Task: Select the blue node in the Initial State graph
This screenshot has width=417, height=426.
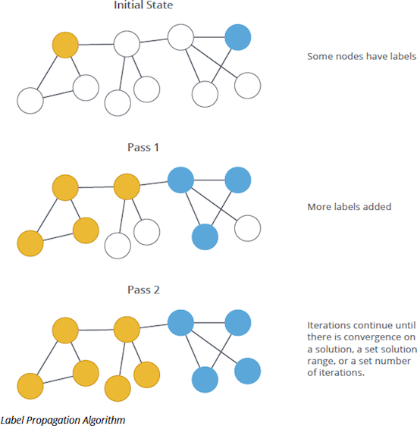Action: click(x=237, y=37)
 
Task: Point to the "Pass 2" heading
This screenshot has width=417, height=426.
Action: click(x=143, y=290)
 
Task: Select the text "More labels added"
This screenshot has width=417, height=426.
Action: click(x=350, y=206)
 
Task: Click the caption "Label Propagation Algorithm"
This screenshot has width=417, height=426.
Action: click(x=63, y=419)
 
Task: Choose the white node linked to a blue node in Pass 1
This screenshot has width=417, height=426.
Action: click(x=248, y=227)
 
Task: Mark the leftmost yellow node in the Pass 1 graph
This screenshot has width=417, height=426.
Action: click(x=30, y=243)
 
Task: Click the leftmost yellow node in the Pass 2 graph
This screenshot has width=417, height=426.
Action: click(x=30, y=386)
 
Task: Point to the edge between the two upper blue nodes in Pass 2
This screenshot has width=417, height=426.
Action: click(x=209, y=323)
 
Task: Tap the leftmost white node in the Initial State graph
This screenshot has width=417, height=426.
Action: click(x=30, y=100)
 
